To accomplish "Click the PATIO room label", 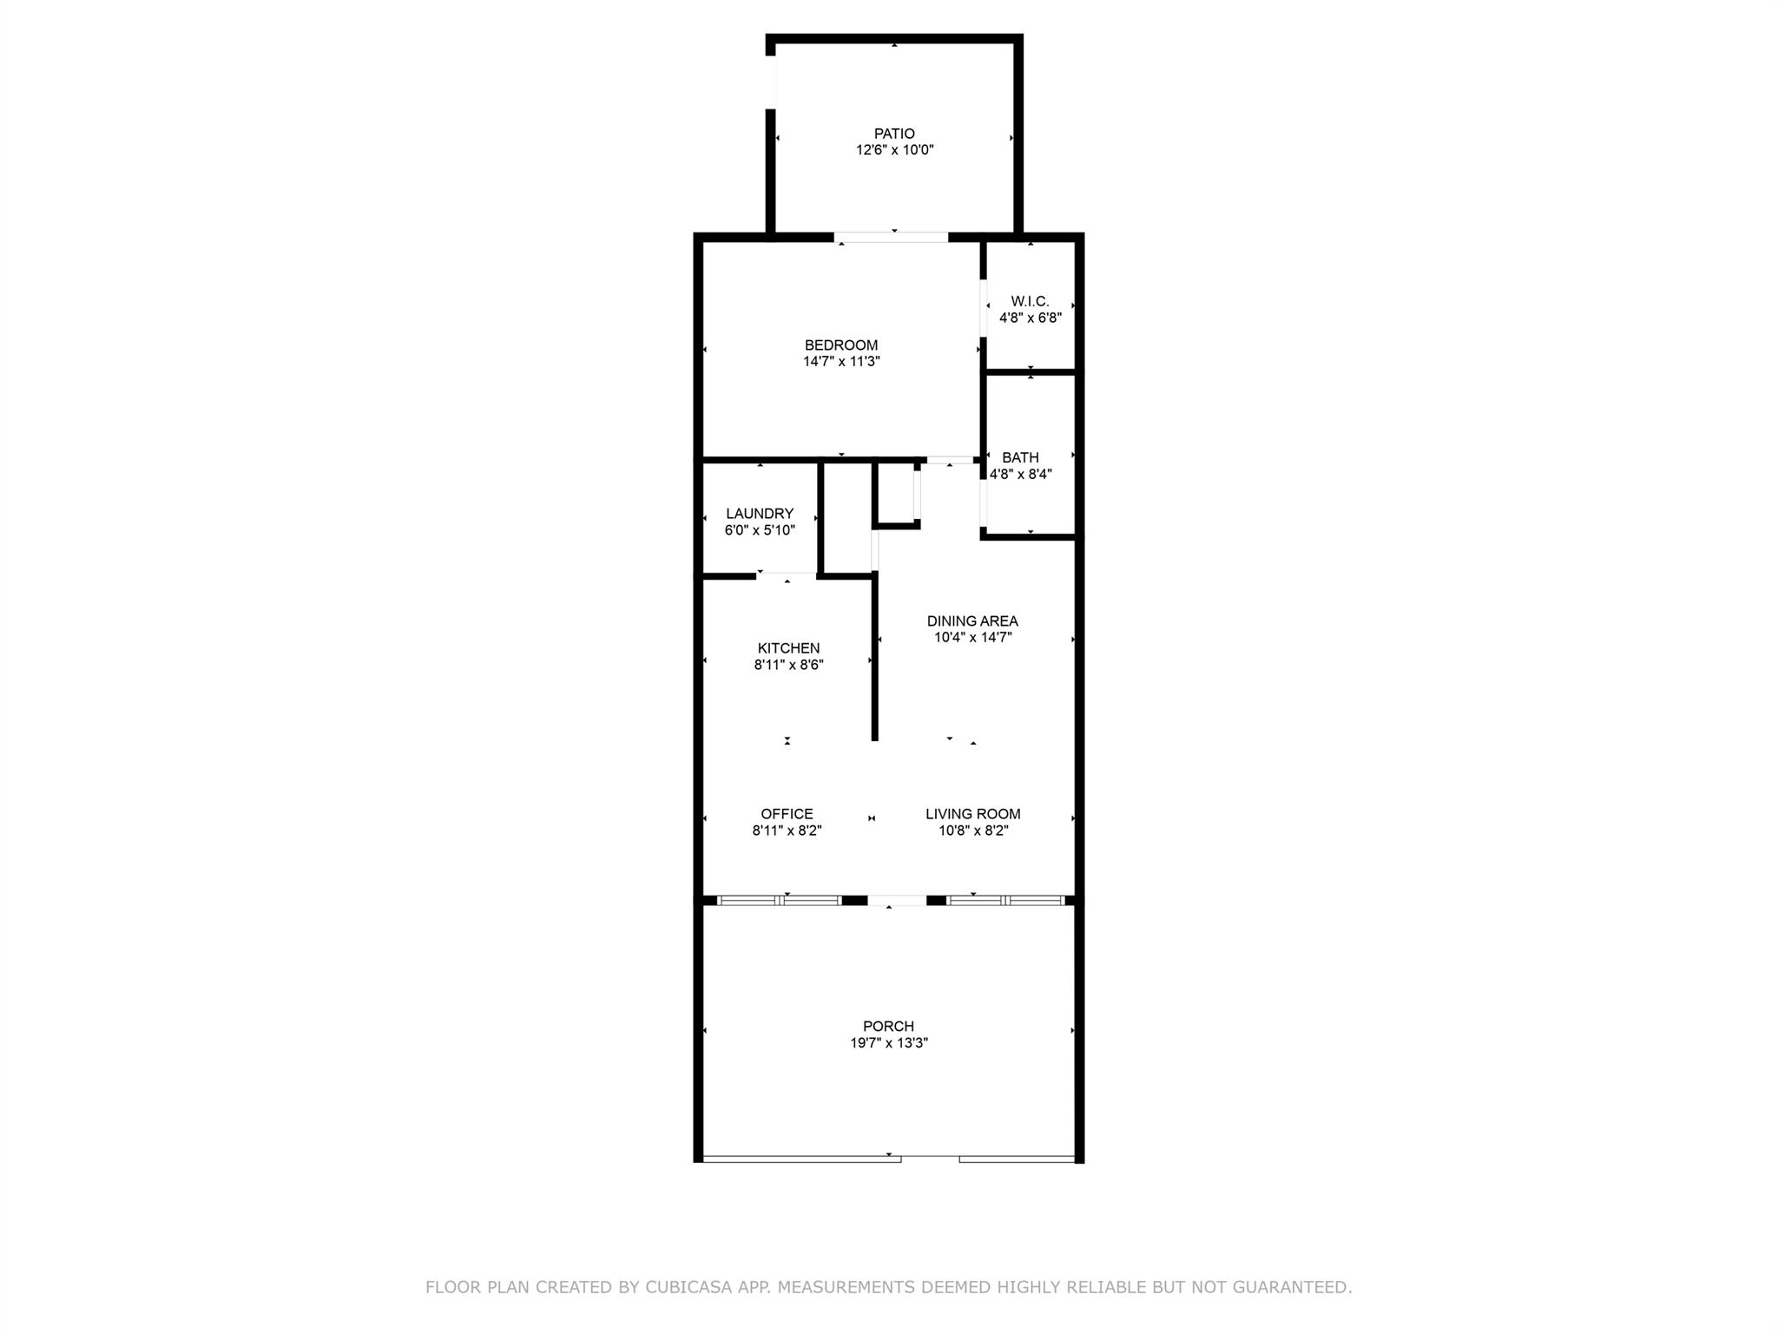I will coord(894,134).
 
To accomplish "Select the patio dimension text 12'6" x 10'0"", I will coord(894,150).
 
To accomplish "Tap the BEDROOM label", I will coord(840,345).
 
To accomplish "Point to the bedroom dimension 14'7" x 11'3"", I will coord(840,362).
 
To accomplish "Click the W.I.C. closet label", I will coord(1030,301).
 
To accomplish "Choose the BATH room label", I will coord(1020,457).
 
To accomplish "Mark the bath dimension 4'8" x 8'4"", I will coord(1020,475).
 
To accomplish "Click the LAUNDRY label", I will coord(760,514).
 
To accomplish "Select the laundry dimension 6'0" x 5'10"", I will coord(760,530).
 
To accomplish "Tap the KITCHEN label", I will coord(788,648).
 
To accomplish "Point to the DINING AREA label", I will coord(972,621).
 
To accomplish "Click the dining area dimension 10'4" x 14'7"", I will coord(972,638).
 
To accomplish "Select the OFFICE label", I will coord(787,814).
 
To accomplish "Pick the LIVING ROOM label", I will coord(972,814).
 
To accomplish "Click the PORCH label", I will coord(888,1027).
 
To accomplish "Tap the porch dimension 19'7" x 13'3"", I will coord(888,1043).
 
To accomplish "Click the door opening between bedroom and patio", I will coord(891,237).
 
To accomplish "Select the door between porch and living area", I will coord(897,901).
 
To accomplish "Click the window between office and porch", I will coord(779,901).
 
